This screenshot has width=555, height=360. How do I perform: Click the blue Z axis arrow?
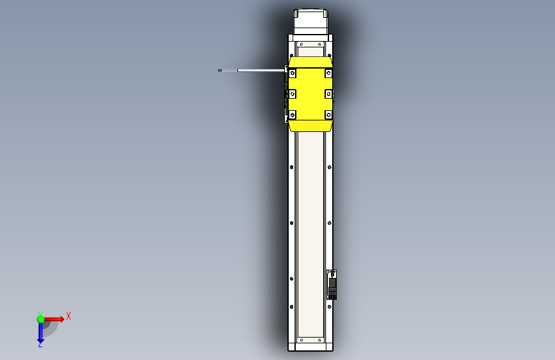(40, 332)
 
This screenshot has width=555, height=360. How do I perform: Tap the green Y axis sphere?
(40, 318)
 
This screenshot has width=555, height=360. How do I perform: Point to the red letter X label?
(68, 316)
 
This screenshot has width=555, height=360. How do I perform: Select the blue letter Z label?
(40, 345)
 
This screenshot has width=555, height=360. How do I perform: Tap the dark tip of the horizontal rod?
(220, 70)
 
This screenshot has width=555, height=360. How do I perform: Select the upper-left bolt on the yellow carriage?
(293, 74)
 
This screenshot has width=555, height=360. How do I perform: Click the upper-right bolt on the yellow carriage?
(328, 74)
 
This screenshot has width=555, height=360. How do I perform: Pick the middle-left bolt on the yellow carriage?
(293, 94)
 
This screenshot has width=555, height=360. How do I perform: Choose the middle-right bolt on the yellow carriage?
(328, 94)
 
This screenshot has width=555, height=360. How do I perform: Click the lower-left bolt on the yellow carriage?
(293, 115)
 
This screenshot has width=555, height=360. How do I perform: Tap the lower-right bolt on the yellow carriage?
(328, 115)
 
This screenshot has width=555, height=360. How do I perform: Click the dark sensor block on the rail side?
(332, 285)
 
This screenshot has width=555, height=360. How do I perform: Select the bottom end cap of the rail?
(310, 347)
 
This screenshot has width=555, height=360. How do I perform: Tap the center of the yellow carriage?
(310, 94)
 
